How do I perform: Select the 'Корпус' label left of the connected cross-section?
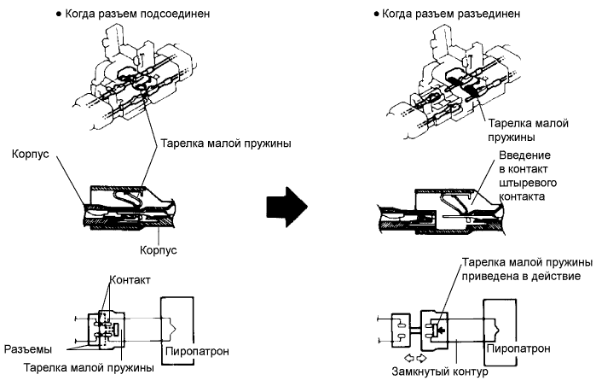pos(31,156)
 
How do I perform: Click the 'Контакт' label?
pos(132,279)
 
